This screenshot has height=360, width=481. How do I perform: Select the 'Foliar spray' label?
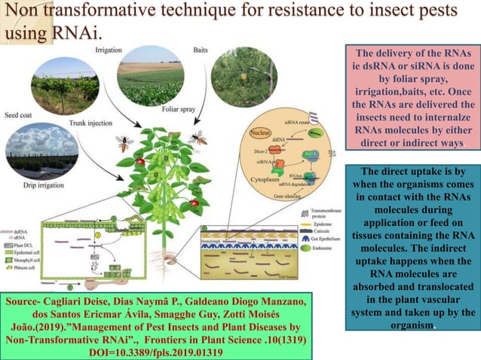point(179,108)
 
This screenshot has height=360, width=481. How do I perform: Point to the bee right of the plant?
point(200,139)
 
